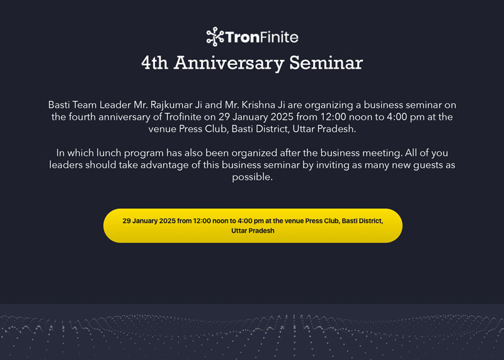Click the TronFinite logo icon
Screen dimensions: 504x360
215,37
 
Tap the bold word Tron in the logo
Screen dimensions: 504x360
243,37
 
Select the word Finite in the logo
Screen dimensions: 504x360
279,37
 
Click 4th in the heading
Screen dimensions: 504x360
154,62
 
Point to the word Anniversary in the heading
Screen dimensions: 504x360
229,63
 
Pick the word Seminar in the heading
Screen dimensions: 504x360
326,62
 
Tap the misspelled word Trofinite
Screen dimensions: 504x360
183,117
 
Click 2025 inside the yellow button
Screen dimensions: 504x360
167,221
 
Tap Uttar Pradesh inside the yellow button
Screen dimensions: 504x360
253,231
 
